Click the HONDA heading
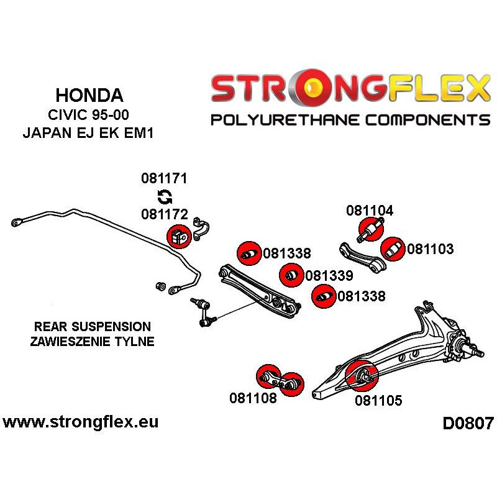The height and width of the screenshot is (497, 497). (x=89, y=95)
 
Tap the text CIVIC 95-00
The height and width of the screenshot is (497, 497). (x=89, y=116)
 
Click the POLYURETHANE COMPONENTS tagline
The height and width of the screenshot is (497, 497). (x=350, y=119)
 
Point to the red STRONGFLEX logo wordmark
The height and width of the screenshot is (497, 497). (x=350, y=88)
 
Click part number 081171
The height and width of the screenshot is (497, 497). (x=164, y=179)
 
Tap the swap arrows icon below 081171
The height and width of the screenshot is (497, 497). (x=165, y=198)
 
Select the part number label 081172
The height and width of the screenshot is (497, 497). (x=164, y=215)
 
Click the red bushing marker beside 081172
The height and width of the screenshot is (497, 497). (x=178, y=236)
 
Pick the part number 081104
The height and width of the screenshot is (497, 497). (x=370, y=211)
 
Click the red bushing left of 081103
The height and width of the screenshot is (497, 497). (x=393, y=249)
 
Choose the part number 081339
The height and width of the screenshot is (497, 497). (x=329, y=276)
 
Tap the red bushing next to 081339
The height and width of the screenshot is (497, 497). (x=290, y=275)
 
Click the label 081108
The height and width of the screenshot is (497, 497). (x=253, y=398)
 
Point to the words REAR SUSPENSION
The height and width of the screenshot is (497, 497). (x=93, y=327)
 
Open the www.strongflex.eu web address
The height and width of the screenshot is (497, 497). (x=81, y=422)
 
